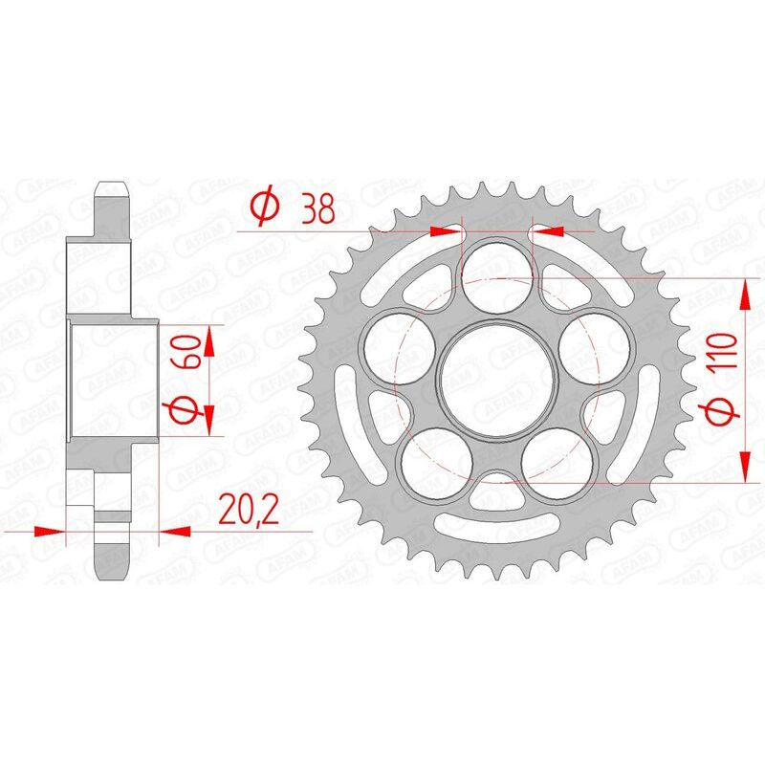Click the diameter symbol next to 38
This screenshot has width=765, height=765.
(264, 208)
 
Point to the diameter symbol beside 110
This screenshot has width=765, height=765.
(723, 412)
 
